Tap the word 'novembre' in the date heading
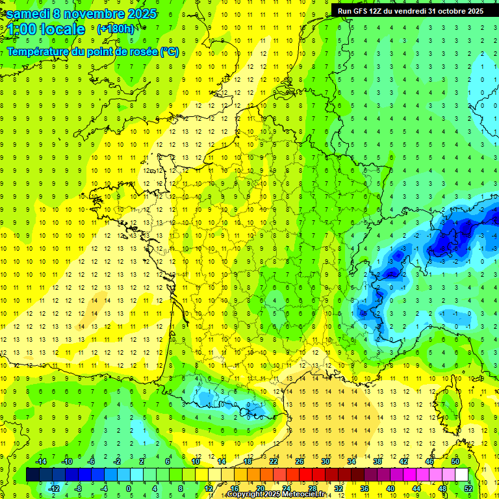click(93, 14)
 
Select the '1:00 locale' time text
click(46, 29)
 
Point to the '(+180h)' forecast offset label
click(116, 29)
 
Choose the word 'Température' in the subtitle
click(40, 51)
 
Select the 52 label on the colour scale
click(468, 488)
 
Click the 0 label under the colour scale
click(129, 488)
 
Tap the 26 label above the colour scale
click(300, 461)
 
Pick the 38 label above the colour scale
click(377, 461)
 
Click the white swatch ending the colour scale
click(462, 475)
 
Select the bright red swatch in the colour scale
click(306, 475)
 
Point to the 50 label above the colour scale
click(455, 461)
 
